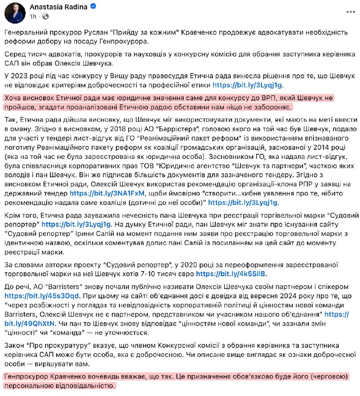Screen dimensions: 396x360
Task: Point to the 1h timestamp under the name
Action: point(33,17)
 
